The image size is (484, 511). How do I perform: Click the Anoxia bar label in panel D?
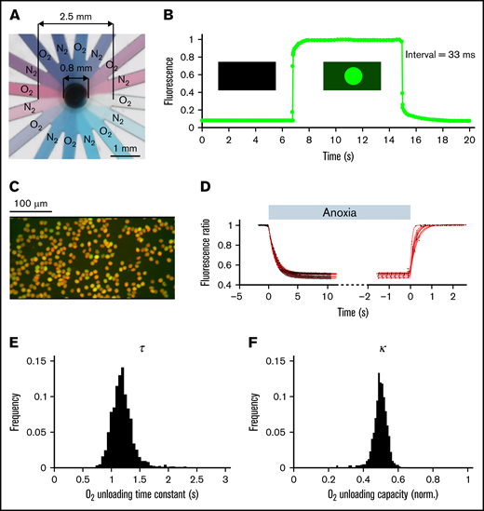339,210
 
